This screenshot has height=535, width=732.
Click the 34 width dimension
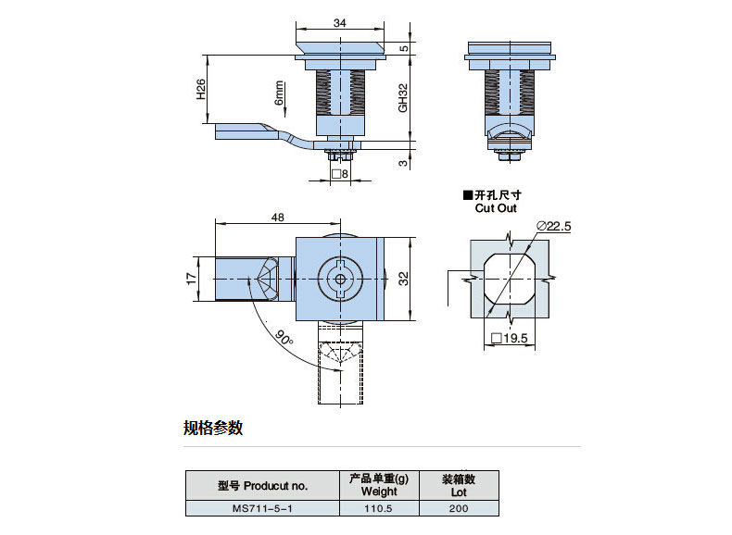(x=339, y=22)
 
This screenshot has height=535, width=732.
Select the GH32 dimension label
(x=402, y=98)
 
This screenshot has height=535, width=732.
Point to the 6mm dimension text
(x=277, y=93)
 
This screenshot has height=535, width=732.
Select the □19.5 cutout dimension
(x=509, y=340)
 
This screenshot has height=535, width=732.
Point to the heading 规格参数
(x=213, y=428)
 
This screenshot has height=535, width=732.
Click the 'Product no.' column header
(x=262, y=485)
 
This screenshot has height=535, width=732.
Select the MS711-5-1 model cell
(x=262, y=508)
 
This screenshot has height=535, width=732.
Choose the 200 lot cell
(x=459, y=508)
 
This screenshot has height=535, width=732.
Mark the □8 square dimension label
(x=339, y=173)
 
